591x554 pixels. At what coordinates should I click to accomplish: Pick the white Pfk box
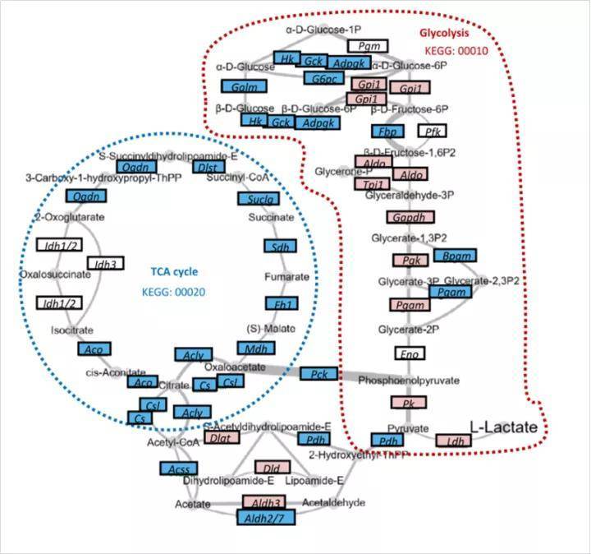432,131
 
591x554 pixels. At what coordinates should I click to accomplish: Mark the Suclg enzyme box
255,199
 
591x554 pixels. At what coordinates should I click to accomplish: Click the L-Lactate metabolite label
503,427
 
